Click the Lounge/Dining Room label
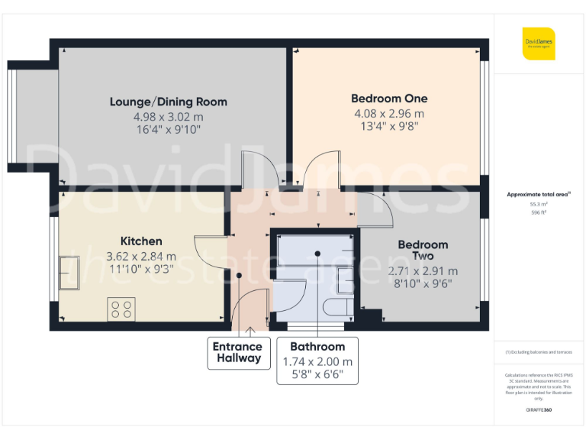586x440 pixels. [x=168, y=102]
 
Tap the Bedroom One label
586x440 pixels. [x=389, y=99]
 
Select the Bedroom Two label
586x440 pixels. [x=422, y=250]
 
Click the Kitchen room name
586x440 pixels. [x=141, y=241]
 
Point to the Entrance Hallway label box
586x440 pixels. [x=239, y=352]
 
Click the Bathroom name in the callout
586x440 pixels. [x=317, y=347]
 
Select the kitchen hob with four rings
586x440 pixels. [x=121, y=309]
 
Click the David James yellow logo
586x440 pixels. [x=539, y=44]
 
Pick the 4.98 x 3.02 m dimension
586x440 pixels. [x=168, y=116]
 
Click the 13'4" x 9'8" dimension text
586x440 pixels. [x=389, y=127]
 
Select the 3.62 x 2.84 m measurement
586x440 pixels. [x=141, y=257]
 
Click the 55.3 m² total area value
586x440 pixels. [x=539, y=205]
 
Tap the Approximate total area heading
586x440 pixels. [x=539, y=195]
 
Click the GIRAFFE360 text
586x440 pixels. [x=539, y=410]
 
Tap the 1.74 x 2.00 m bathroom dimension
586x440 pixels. [x=317, y=361]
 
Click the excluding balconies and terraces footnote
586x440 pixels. [x=539, y=351]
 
